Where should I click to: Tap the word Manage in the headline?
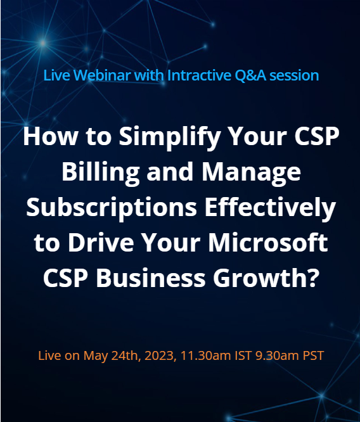(254, 172)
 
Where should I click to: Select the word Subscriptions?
(108, 207)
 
